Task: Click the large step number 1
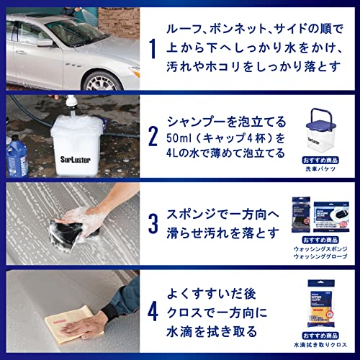[152, 50]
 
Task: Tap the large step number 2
[152, 137]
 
